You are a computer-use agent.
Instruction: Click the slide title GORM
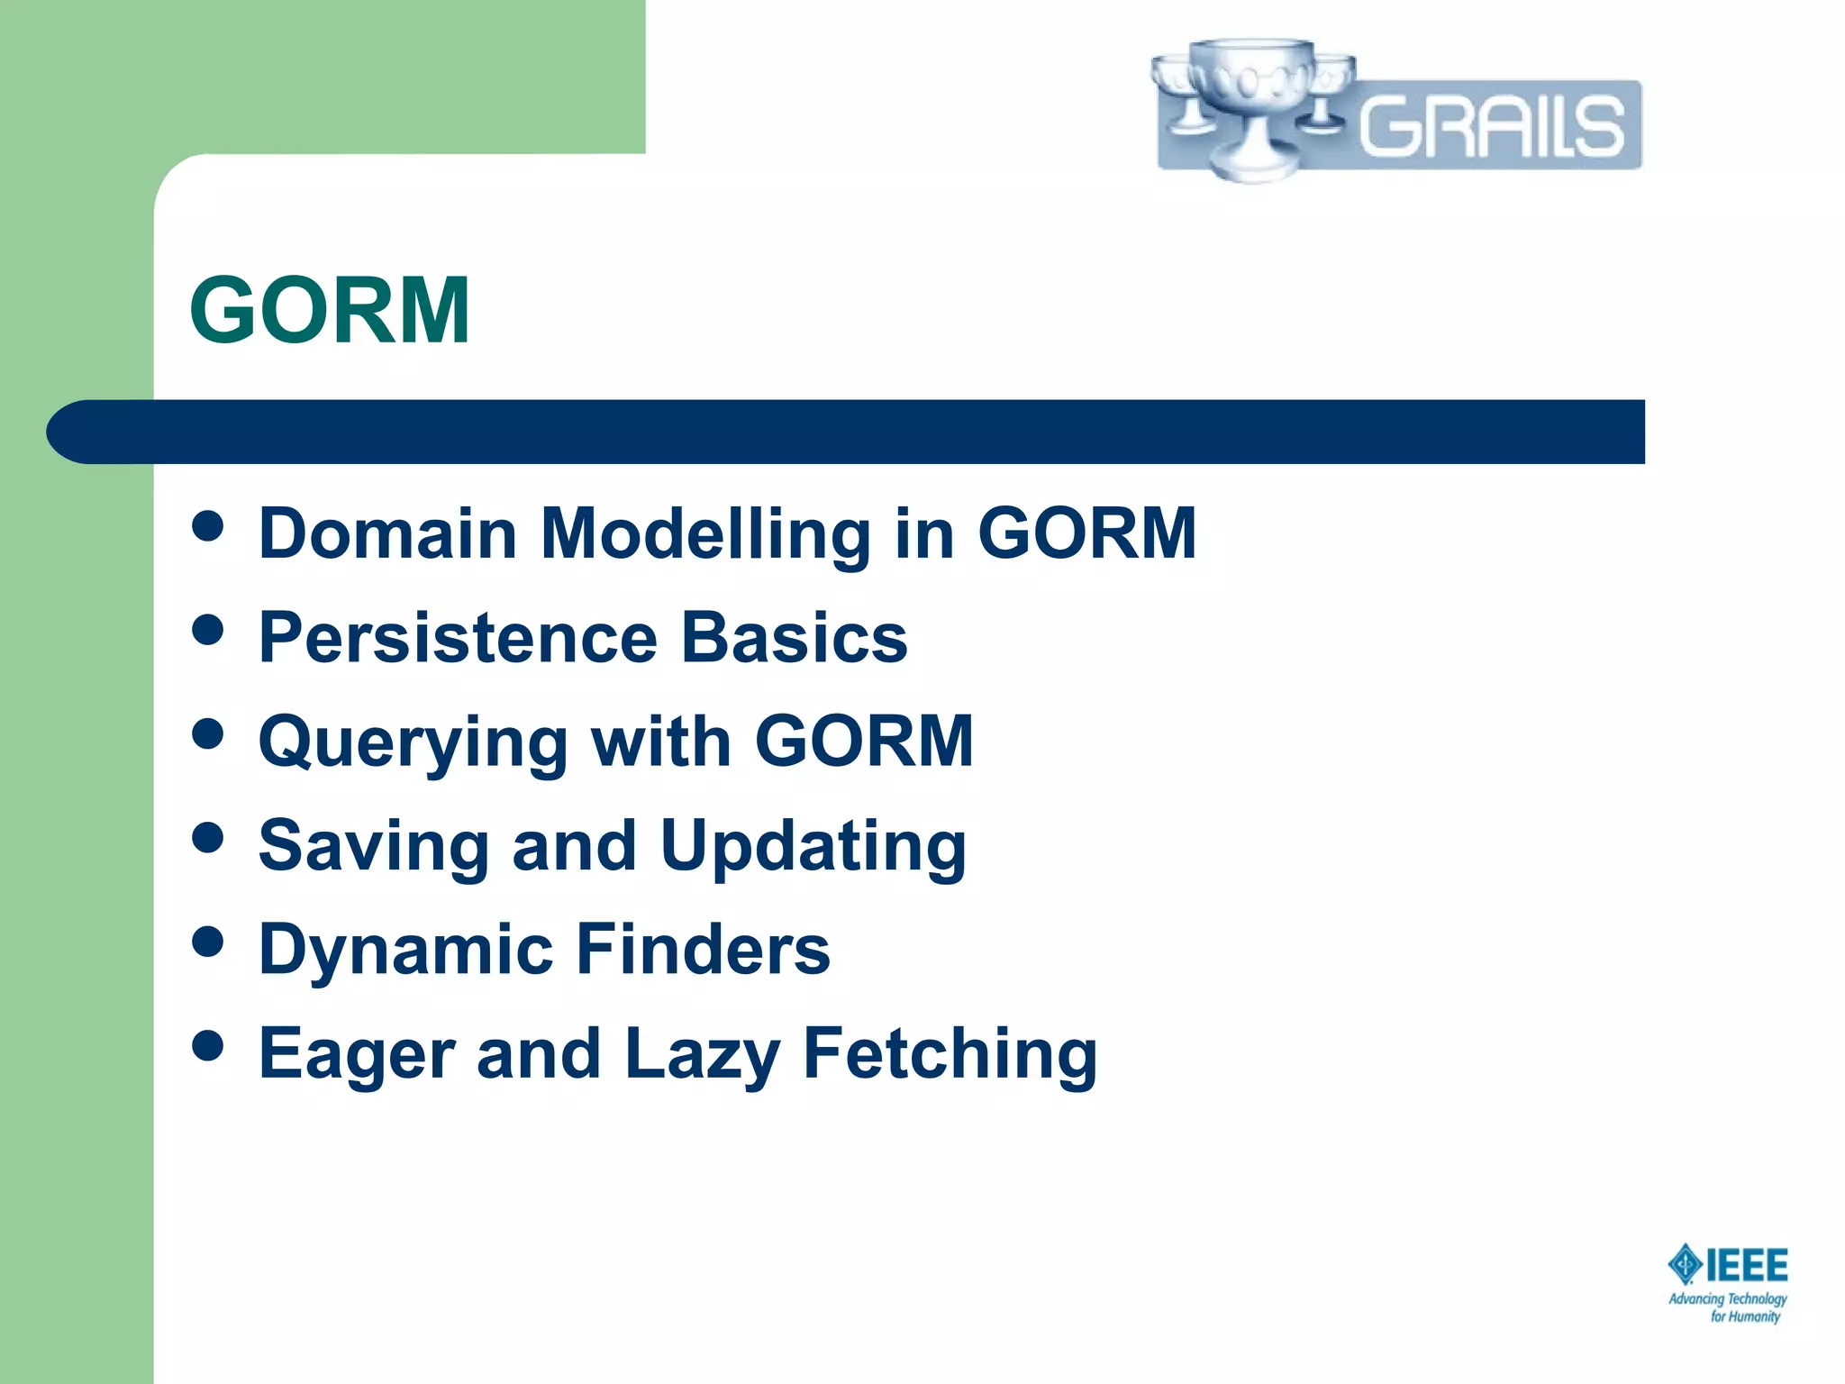[330, 311]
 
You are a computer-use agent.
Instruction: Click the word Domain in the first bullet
[386, 533]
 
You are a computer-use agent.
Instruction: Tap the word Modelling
[705, 535]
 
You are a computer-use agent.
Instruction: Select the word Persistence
[458, 638]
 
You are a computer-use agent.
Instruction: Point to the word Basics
[794, 638]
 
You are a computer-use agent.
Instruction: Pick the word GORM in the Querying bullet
[864, 742]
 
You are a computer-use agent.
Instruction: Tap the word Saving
[373, 847]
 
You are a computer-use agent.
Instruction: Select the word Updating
[813, 847]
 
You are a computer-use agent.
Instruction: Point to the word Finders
[703, 950]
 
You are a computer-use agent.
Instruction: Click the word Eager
[356, 1055]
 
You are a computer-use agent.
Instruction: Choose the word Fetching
[950, 1055]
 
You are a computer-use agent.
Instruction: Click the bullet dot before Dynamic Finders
[208, 942]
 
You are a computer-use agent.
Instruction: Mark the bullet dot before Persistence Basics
[208, 630]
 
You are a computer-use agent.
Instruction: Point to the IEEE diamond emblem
[1684, 1265]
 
